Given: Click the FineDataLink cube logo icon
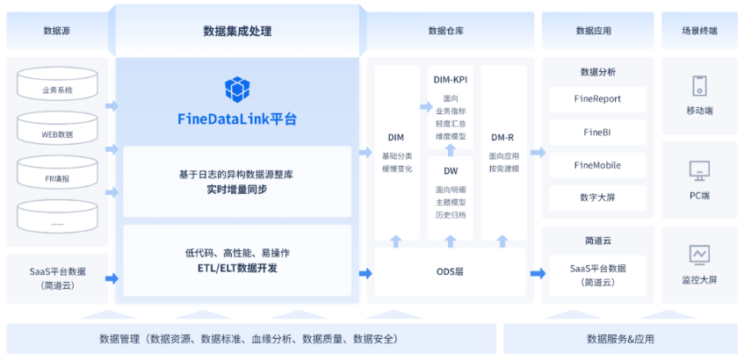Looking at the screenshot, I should point(237,89).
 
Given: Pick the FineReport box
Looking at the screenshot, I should point(597,99).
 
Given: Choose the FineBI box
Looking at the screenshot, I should point(597,133).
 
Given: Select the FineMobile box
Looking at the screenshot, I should point(597,165).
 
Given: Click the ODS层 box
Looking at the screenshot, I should point(450,271).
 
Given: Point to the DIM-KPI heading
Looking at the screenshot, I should point(451,80).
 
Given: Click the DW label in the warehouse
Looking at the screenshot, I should point(451,171).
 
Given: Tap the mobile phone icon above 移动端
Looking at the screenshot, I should point(699,86).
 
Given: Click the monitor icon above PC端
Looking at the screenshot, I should point(699,169).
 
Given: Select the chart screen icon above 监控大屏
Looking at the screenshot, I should point(699,255).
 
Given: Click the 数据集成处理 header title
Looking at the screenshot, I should point(237,32).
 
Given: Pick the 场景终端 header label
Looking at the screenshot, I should point(699,31).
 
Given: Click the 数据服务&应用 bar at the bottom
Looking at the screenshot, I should point(620,339).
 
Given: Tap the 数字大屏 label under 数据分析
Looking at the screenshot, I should point(597,198).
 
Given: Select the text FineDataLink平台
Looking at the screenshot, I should point(237,119).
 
